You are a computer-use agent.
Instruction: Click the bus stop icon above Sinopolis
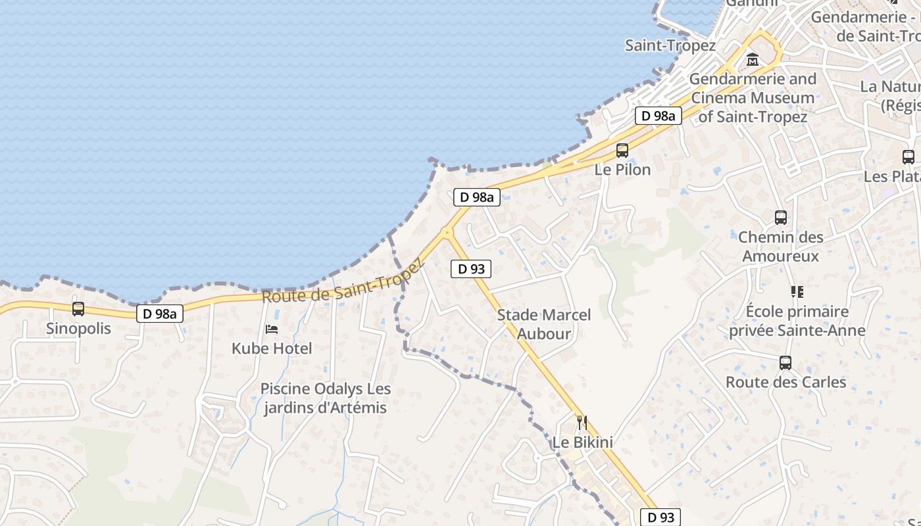click(78, 308)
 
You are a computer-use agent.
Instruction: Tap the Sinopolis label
click(79, 328)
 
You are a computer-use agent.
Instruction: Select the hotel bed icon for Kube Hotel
click(272, 329)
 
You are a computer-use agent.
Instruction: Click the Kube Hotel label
click(272, 348)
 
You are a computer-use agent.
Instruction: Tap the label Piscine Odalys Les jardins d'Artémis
click(326, 398)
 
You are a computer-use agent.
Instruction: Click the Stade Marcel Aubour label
click(544, 324)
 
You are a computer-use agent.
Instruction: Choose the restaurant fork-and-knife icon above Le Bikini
click(582, 422)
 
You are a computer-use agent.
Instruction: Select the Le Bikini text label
click(582, 442)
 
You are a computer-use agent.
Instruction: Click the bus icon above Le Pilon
click(622, 151)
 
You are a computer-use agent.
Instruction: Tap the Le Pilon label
click(622, 169)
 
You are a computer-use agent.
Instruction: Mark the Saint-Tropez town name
click(670, 45)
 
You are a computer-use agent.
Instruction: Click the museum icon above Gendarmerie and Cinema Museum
click(753, 60)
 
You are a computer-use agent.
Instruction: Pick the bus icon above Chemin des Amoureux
click(781, 217)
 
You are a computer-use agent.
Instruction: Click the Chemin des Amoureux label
click(781, 246)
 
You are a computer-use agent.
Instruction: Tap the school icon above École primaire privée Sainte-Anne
click(797, 291)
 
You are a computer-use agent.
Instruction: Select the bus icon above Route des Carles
click(785, 362)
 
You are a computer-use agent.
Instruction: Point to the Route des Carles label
click(785, 381)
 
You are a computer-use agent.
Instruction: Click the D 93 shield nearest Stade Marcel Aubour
click(471, 268)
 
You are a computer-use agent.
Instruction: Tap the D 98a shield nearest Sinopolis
click(160, 314)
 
